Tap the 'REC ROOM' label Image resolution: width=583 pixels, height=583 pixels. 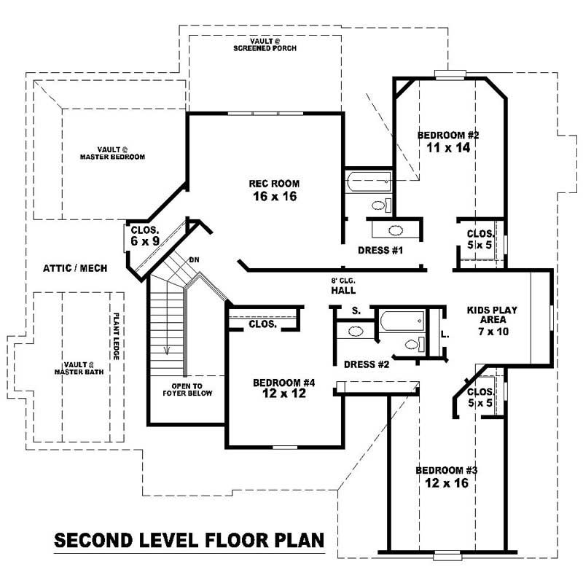pyautogui.click(x=274, y=189)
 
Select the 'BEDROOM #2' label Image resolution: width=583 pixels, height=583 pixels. pyautogui.click(x=447, y=141)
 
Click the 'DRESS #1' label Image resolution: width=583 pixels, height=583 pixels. pyautogui.click(x=380, y=251)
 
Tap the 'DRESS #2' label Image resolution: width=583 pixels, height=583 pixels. pyautogui.click(x=366, y=364)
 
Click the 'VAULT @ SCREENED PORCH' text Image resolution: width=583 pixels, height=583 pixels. pyautogui.click(x=265, y=45)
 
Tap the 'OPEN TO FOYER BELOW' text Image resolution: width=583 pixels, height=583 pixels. pyautogui.click(x=187, y=389)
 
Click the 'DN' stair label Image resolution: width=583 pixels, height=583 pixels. pyautogui.click(x=194, y=259)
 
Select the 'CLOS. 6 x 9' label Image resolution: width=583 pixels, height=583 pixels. pyautogui.click(x=145, y=234)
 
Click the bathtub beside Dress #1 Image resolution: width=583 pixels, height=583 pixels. pyautogui.click(x=369, y=181)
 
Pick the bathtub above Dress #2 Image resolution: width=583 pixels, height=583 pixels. pyautogui.click(x=401, y=318)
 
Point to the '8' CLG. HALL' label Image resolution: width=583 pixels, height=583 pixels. pyautogui.click(x=343, y=285)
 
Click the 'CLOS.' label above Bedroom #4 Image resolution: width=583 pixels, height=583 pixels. pyautogui.click(x=262, y=324)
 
